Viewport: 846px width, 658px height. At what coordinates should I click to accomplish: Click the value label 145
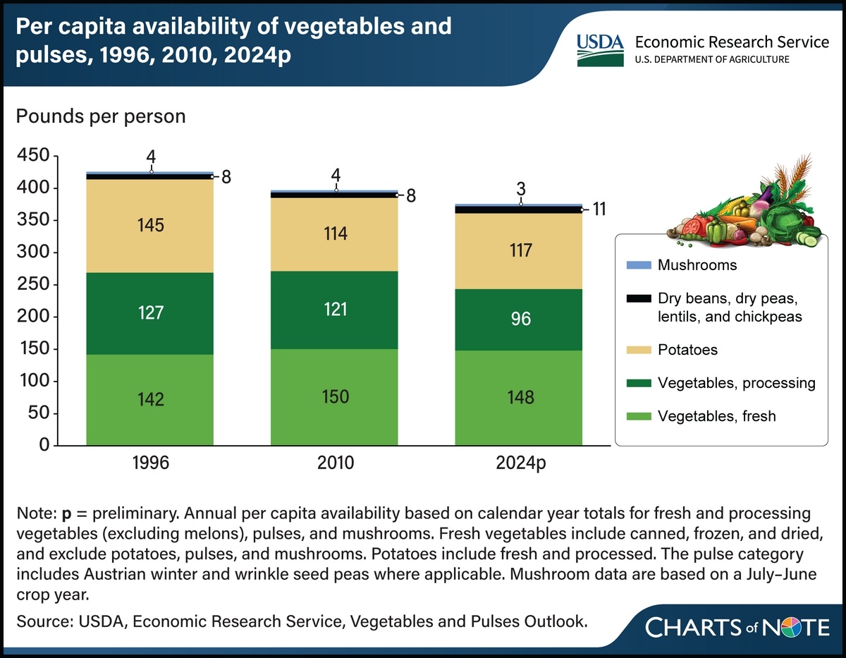point(151,225)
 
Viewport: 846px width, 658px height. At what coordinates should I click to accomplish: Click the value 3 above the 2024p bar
point(520,189)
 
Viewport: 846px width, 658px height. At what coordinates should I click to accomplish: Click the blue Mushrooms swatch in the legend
point(637,265)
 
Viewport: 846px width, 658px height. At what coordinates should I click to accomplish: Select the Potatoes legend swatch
point(637,349)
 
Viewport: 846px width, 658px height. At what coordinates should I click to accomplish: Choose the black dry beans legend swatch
point(637,299)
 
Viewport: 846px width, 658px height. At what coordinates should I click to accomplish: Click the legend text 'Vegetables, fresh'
point(716,416)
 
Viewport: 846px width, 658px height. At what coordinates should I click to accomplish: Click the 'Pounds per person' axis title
point(101,116)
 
